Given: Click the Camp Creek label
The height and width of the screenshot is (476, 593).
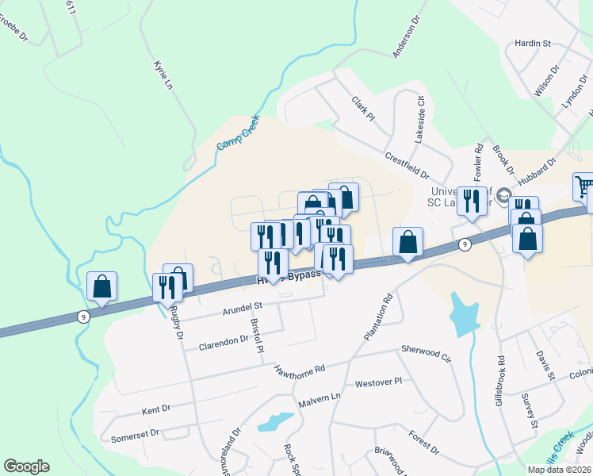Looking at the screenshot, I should click(x=238, y=135).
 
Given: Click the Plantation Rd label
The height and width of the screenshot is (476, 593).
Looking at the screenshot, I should click(x=379, y=319).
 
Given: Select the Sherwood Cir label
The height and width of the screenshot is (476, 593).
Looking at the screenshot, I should click(x=426, y=353).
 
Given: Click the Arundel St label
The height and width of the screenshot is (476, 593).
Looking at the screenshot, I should click(x=242, y=306).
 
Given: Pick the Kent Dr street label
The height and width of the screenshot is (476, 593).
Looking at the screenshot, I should click(x=156, y=410).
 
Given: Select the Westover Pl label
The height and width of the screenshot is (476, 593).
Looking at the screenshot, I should click(x=379, y=382).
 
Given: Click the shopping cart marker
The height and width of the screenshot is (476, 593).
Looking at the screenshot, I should click(x=583, y=186).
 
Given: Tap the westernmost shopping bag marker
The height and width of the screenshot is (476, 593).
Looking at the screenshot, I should click(x=102, y=286).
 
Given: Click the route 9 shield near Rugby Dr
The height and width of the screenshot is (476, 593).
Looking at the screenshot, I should click(x=83, y=316).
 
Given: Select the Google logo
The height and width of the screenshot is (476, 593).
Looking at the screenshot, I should click(x=26, y=466).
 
